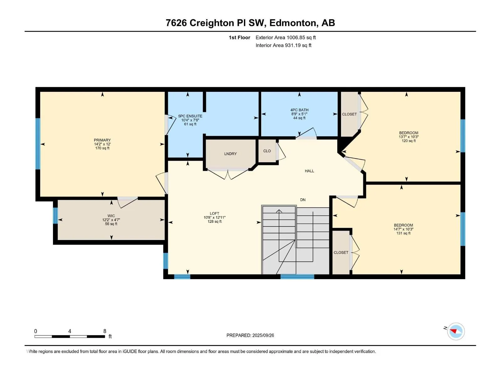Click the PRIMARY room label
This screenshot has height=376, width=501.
click(x=102, y=140)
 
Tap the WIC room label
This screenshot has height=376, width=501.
click(x=111, y=216)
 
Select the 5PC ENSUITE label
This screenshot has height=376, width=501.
click(x=190, y=116)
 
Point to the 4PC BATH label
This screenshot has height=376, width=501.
click(x=299, y=110)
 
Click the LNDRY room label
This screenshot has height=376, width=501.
click(x=230, y=154)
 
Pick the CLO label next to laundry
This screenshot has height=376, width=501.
click(x=267, y=151)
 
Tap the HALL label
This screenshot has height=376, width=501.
click(x=309, y=171)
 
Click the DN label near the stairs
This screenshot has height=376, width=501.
click(x=303, y=200)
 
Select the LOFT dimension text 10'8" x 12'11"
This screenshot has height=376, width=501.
click(x=214, y=217)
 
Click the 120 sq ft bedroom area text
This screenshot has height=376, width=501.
click(x=409, y=141)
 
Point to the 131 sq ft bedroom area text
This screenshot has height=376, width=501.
click(x=403, y=233)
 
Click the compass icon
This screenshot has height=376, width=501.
click(x=456, y=331)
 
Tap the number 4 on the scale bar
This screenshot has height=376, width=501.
click(x=70, y=331)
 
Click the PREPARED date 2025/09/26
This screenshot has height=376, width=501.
click(x=263, y=335)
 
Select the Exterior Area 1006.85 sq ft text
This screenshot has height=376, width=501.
click(x=286, y=37)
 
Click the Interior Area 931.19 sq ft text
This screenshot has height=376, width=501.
click(x=283, y=45)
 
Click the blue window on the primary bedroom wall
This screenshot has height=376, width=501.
click(x=38, y=144)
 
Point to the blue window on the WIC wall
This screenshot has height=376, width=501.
click(x=55, y=216)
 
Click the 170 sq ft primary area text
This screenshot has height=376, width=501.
click(x=102, y=148)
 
